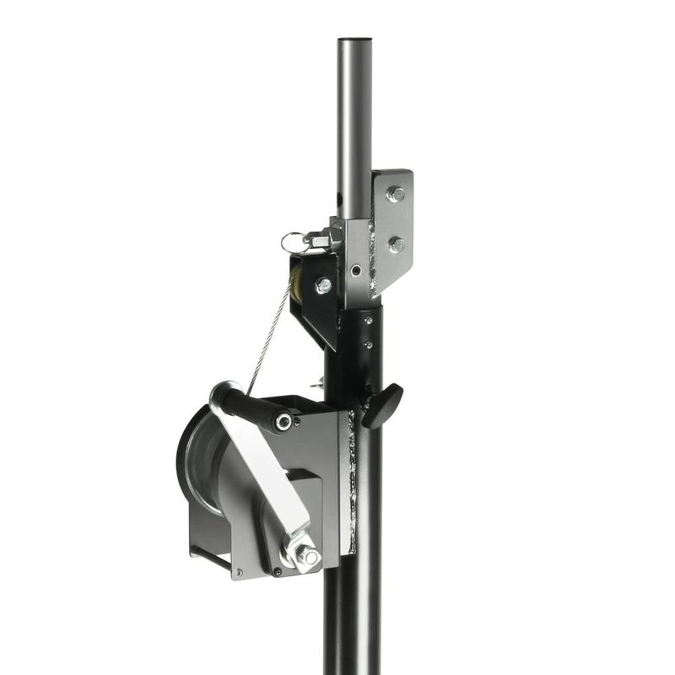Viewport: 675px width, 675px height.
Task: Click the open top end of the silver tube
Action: [x=355, y=40]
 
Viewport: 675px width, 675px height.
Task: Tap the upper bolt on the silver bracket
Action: [x=394, y=194]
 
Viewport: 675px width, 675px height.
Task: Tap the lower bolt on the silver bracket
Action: [x=394, y=245]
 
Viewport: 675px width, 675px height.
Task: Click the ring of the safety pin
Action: [x=291, y=242]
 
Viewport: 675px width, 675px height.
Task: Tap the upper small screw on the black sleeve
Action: [x=369, y=321]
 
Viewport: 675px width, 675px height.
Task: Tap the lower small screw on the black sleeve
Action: [x=368, y=343]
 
